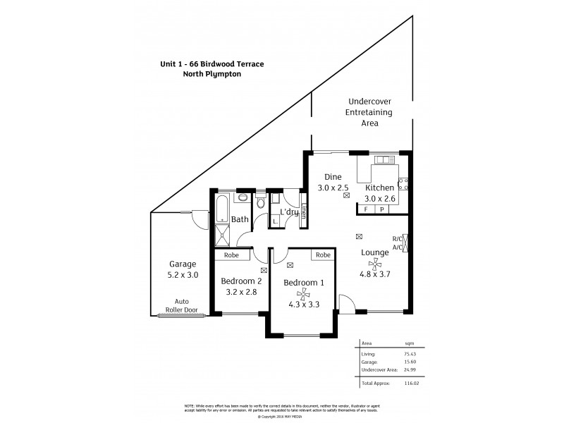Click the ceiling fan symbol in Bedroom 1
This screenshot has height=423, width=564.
click(x=302, y=295)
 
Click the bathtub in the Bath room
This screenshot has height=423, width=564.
click(x=222, y=209)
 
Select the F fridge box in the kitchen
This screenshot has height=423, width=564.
click(x=366, y=209)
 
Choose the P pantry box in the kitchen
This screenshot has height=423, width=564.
click(x=381, y=209)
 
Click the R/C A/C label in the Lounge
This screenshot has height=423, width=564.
click(x=397, y=243)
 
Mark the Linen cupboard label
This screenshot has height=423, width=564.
click(x=303, y=213)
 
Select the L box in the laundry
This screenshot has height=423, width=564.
click(x=274, y=221)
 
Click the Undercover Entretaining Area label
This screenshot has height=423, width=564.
click(x=369, y=112)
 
